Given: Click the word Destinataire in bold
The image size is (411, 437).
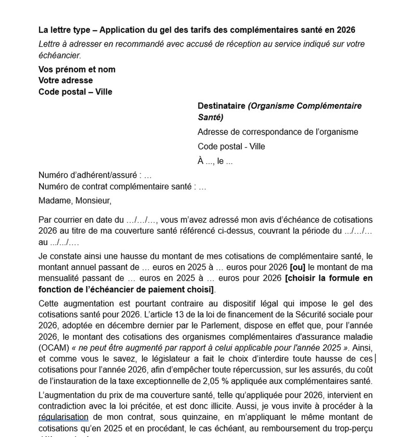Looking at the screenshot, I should point(221,106).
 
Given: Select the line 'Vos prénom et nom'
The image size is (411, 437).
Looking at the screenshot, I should point(77,69).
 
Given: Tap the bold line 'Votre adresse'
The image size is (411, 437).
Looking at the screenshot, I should point(65,80).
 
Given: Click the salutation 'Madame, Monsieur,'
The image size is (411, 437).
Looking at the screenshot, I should point(75,201).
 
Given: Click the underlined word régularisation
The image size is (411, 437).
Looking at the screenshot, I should point(63,417).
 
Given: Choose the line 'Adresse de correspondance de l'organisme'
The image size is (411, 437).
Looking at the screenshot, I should point(278,132).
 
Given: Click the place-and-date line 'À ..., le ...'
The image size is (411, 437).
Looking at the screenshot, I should point(215,161).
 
